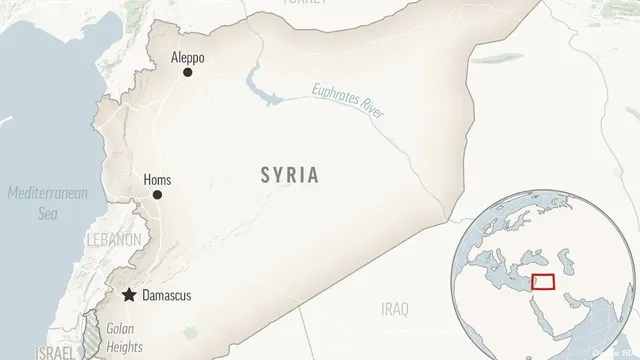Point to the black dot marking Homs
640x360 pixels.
tap(156, 195)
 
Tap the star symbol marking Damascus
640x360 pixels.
tap(129, 296)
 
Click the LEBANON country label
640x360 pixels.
tap(111, 241)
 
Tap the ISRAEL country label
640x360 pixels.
tap(54, 352)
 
